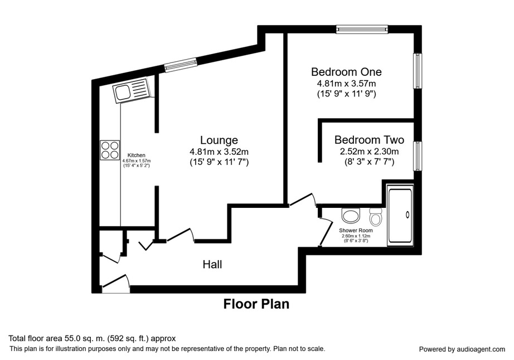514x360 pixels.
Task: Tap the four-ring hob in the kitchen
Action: [x=110, y=150]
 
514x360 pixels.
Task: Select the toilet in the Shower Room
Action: [x=375, y=216]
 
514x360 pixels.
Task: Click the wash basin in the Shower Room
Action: [x=351, y=215]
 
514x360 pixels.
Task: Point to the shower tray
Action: [x=400, y=215]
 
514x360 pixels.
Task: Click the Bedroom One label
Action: [x=346, y=72]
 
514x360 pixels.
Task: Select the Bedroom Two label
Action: [x=369, y=140]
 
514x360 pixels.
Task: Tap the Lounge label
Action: [x=219, y=140]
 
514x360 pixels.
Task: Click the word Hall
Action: [x=212, y=264]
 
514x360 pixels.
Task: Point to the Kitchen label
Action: [x=137, y=155]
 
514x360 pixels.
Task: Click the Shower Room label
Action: [x=356, y=230]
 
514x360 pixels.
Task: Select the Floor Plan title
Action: [x=256, y=304]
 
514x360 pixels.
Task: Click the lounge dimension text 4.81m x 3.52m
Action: [x=219, y=152]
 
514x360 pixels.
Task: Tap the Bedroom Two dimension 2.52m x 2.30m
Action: [x=369, y=152]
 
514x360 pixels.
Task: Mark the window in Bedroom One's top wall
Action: [x=362, y=29]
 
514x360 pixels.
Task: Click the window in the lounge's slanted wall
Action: [x=180, y=65]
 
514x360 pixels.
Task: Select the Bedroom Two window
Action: [x=418, y=155]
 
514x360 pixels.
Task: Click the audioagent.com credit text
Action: [x=462, y=349]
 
